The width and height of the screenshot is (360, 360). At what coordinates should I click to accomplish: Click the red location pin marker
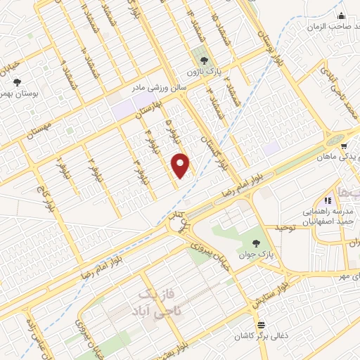[181, 164]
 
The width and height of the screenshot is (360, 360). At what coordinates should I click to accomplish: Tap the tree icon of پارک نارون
[204, 60]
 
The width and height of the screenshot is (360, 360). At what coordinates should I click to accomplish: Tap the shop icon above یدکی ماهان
[343, 147]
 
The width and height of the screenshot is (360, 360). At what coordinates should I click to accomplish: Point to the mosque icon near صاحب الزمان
[342, 16]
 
